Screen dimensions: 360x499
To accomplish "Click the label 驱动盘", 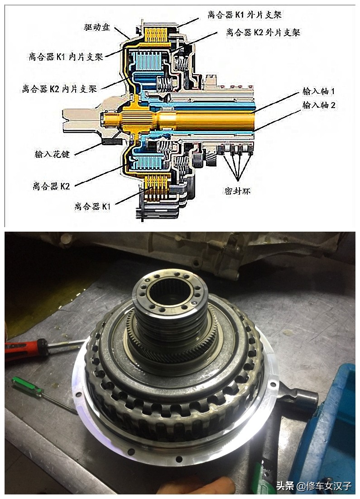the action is [x=97, y=27].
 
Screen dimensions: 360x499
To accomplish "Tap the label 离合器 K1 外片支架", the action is [x=245, y=14].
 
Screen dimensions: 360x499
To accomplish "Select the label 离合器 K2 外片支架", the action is [x=263, y=32].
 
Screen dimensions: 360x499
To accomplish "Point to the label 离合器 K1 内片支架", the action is [x=66, y=57].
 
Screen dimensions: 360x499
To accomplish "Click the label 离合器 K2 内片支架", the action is [x=59, y=89].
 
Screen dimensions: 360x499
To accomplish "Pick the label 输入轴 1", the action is [x=319, y=91].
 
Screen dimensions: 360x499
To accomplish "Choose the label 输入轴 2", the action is [x=319, y=105].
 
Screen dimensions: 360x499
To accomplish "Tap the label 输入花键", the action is [x=52, y=154].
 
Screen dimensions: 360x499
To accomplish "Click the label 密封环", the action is [x=237, y=191].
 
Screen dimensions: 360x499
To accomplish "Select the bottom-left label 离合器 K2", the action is [x=51, y=186].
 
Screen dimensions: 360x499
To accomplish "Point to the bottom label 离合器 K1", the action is [x=92, y=207].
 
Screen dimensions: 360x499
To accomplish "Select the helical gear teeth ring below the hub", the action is [x=173, y=347].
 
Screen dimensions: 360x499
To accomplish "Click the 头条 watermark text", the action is [x=285, y=486].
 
